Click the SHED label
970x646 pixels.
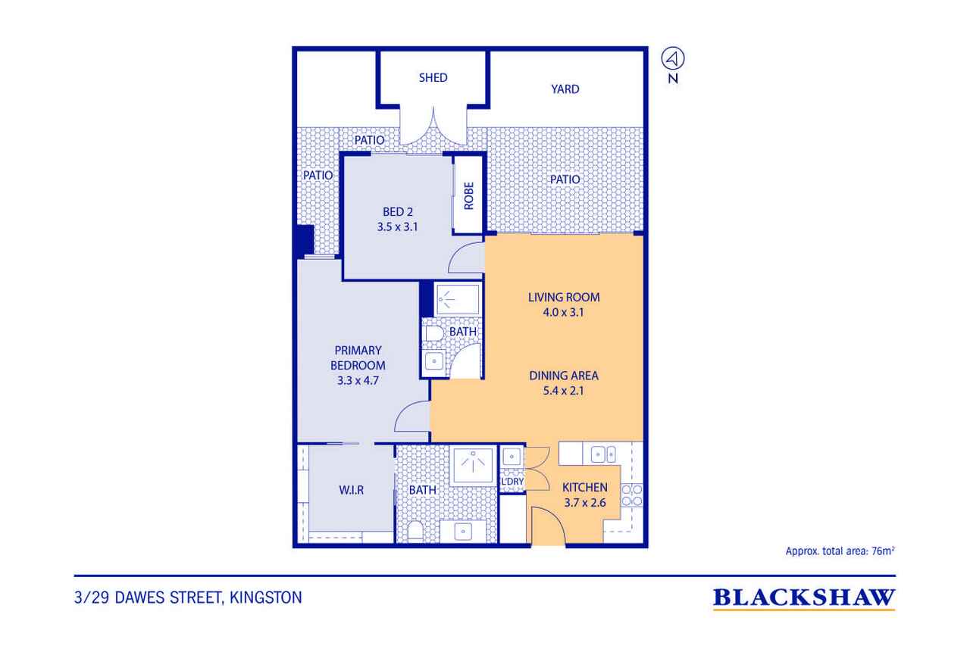433,77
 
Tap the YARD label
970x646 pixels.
565,89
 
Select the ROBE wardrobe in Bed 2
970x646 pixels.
468,195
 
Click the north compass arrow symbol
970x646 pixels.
672,59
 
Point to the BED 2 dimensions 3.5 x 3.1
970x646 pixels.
397,226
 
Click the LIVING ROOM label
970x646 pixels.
564,298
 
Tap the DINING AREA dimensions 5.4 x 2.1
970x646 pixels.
563,391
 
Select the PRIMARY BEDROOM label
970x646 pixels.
358,357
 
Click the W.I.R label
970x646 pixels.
351,490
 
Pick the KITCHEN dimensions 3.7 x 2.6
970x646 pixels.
584,503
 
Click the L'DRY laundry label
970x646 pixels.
512,482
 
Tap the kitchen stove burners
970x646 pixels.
632,496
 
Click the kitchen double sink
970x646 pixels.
603,454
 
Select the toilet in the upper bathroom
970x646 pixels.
434,333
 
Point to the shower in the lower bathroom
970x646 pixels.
473,466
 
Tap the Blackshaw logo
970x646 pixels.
804,599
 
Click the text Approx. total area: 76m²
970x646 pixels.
840,551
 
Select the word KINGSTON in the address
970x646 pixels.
265,598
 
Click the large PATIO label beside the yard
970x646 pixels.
565,179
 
